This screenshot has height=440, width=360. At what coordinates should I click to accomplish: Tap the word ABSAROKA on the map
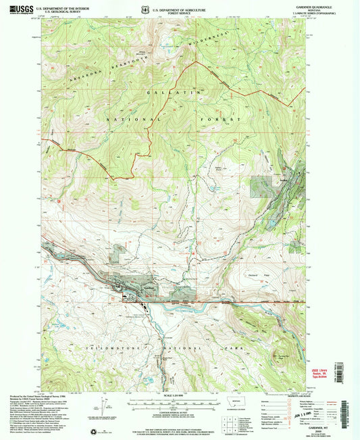tap(74, 78)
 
